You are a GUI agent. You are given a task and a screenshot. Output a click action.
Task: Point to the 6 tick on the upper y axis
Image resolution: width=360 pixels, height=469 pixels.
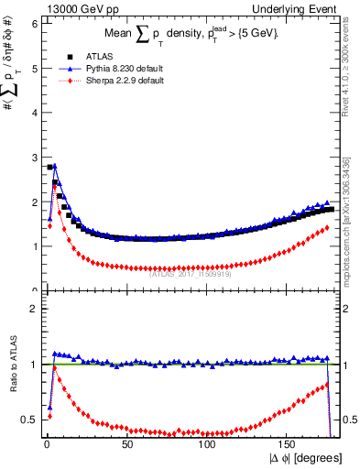coord(32,24)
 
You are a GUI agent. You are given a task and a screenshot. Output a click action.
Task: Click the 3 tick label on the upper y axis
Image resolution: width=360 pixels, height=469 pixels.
coord(32,158)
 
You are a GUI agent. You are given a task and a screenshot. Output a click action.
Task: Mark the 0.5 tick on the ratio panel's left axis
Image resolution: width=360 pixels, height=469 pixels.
coord(28,420)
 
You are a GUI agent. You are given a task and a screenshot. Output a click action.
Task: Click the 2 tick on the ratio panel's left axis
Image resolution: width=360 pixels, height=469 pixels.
coord(32,309)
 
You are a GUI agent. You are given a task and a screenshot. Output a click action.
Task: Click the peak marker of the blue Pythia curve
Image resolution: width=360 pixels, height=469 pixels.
coord(55,166)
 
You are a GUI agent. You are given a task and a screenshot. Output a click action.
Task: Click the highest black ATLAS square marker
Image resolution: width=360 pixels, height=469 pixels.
coord(49,168)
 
